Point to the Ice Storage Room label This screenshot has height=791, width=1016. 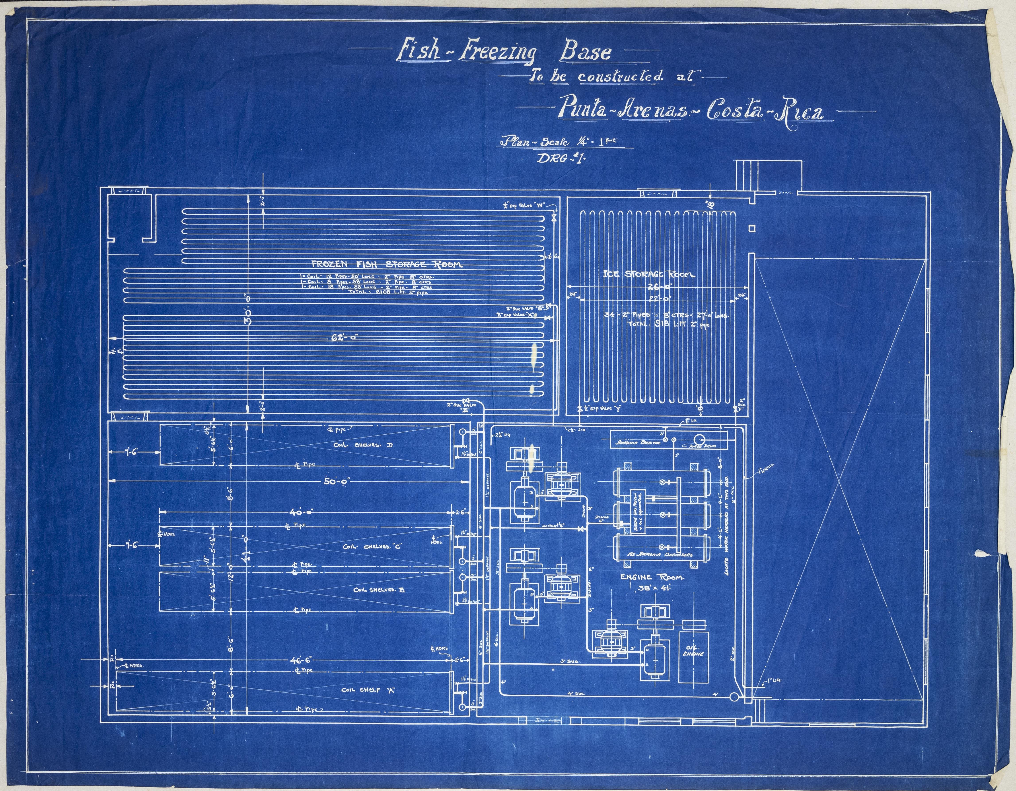point(649,275)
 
